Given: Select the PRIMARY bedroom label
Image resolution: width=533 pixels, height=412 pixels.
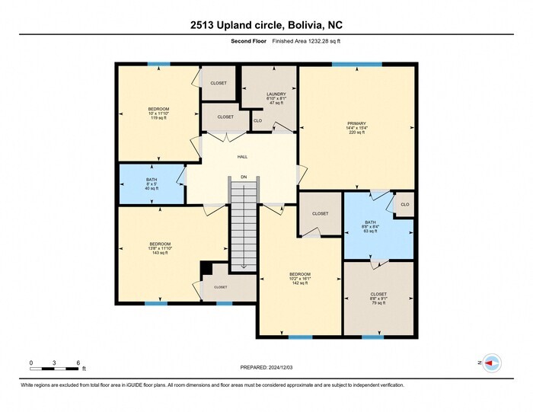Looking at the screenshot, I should (356, 126).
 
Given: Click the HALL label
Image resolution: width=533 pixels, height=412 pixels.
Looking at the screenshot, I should (242, 157).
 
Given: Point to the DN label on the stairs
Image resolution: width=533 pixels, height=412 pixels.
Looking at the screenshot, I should (244, 177).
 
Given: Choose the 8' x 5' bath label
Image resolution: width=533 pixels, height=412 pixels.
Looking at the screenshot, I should (151, 183).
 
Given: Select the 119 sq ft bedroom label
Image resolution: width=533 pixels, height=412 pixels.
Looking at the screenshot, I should (158, 113).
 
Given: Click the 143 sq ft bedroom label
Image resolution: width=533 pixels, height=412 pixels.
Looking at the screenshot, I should (160, 248).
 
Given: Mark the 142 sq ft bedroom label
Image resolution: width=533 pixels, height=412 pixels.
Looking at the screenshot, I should (299, 278).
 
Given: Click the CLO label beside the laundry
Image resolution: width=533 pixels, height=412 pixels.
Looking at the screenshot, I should (257, 120).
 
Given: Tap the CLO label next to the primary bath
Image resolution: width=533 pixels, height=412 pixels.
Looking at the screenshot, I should (404, 204).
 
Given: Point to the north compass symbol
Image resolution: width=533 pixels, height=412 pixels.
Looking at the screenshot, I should (491, 363).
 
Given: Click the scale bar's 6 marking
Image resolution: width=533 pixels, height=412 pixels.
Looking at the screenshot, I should (78, 362).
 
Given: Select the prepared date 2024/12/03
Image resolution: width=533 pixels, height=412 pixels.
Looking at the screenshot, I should (266, 367).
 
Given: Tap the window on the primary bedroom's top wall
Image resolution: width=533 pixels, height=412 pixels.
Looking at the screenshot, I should (356, 65).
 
